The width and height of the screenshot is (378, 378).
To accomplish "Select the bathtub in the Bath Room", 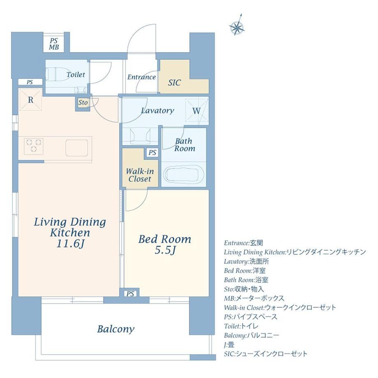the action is pyautogui.click(x=184, y=173).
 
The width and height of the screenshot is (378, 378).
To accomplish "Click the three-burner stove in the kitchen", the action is pyautogui.click(x=34, y=146).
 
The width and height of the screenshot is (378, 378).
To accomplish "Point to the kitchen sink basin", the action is pyautogui.click(x=77, y=148).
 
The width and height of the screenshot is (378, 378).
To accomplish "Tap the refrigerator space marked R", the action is pyautogui.click(x=31, y=99).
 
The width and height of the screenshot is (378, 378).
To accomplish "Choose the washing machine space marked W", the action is pyautogui.click(x=196, y=111).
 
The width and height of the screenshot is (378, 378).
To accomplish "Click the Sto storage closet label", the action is pyautogui.click(x=83, y=102).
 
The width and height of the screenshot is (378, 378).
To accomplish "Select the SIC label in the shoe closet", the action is pyautogui.click(x=174, y=83).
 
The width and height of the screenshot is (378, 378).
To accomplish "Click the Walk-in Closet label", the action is pyautogui.click(x=140, y=175).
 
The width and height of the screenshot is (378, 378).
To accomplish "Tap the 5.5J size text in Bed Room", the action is pyautogui.click(x=165, y=251).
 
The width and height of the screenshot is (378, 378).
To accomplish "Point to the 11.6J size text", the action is pyautogui.click(x=70, y=244).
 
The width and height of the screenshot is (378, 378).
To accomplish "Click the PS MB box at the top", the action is pyautogui.click(x=54, y=44).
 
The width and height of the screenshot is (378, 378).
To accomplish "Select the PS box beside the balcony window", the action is pyautogui.click(x=130, y=294).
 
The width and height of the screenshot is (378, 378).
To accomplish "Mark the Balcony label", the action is pyautogui.click(x=116, y=329).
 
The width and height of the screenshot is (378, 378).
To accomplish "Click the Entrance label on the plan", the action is pyautogui.click(x=141, y=77).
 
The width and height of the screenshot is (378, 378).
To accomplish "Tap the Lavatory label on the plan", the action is pyautogui.click(x=157, y=111).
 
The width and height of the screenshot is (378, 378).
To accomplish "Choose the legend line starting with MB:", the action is pyautogui.click(x=254, y=298).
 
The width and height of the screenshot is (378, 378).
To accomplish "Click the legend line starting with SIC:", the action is pyautogui.click(x=266, y=354).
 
